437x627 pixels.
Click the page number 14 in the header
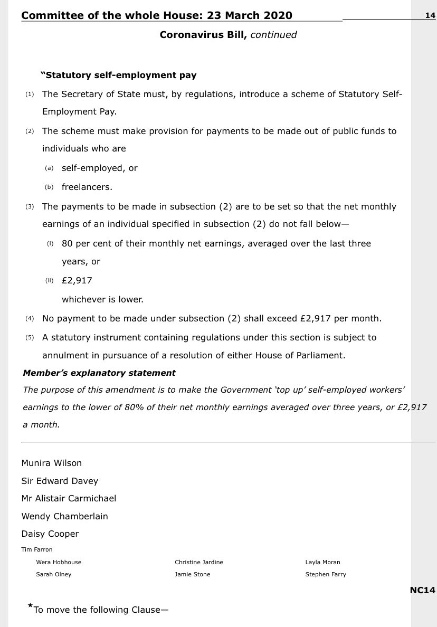[x=430, y=15]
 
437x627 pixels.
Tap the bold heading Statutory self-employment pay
[x=119, y=75]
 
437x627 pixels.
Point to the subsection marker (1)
[x=30, y=94]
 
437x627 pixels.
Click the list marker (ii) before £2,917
[x=50, y=281]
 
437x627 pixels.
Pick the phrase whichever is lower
[x=102, y=299]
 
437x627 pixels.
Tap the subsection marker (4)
[x=30, y=318]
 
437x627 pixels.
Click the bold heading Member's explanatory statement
[x=99, y=373]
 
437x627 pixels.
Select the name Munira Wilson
[x=52, y=463]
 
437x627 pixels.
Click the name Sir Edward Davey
[x=60, y=481]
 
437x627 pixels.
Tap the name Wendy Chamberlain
[x=64, y=516]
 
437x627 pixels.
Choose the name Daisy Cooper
[x=50, y=534]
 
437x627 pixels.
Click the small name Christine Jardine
[x=199, y=562]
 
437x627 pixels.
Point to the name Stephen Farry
[x=326, y=574]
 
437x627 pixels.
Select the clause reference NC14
[x=422, y=590]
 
